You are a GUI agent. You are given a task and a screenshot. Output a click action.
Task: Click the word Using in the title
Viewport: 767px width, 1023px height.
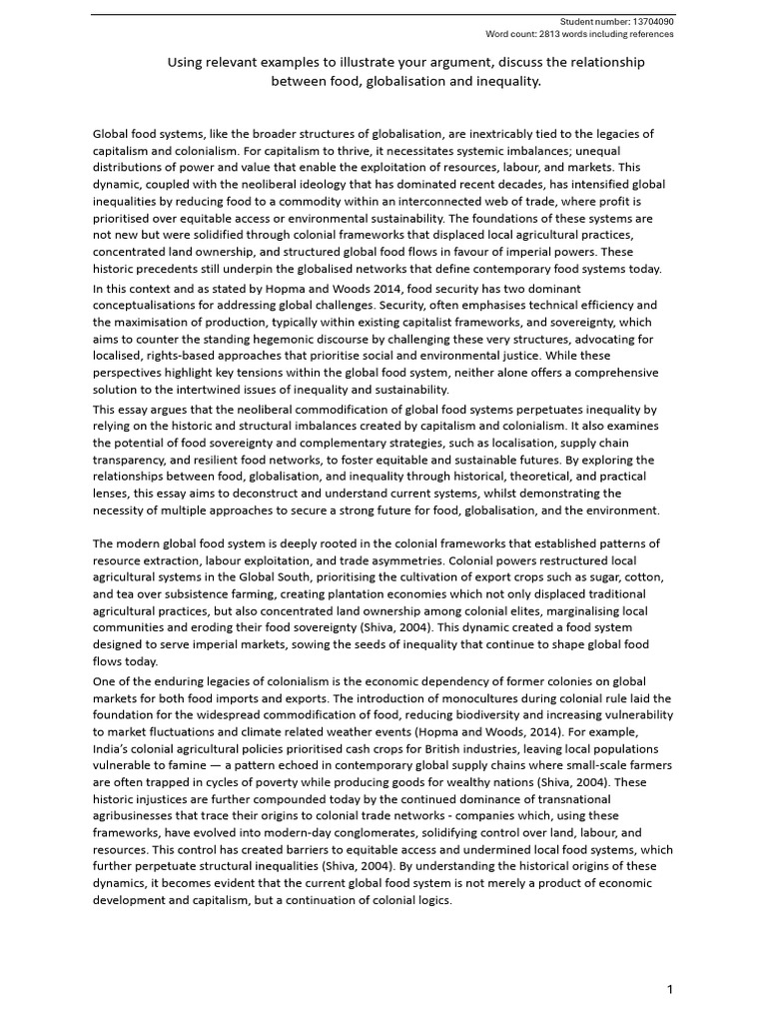(185, 63)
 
